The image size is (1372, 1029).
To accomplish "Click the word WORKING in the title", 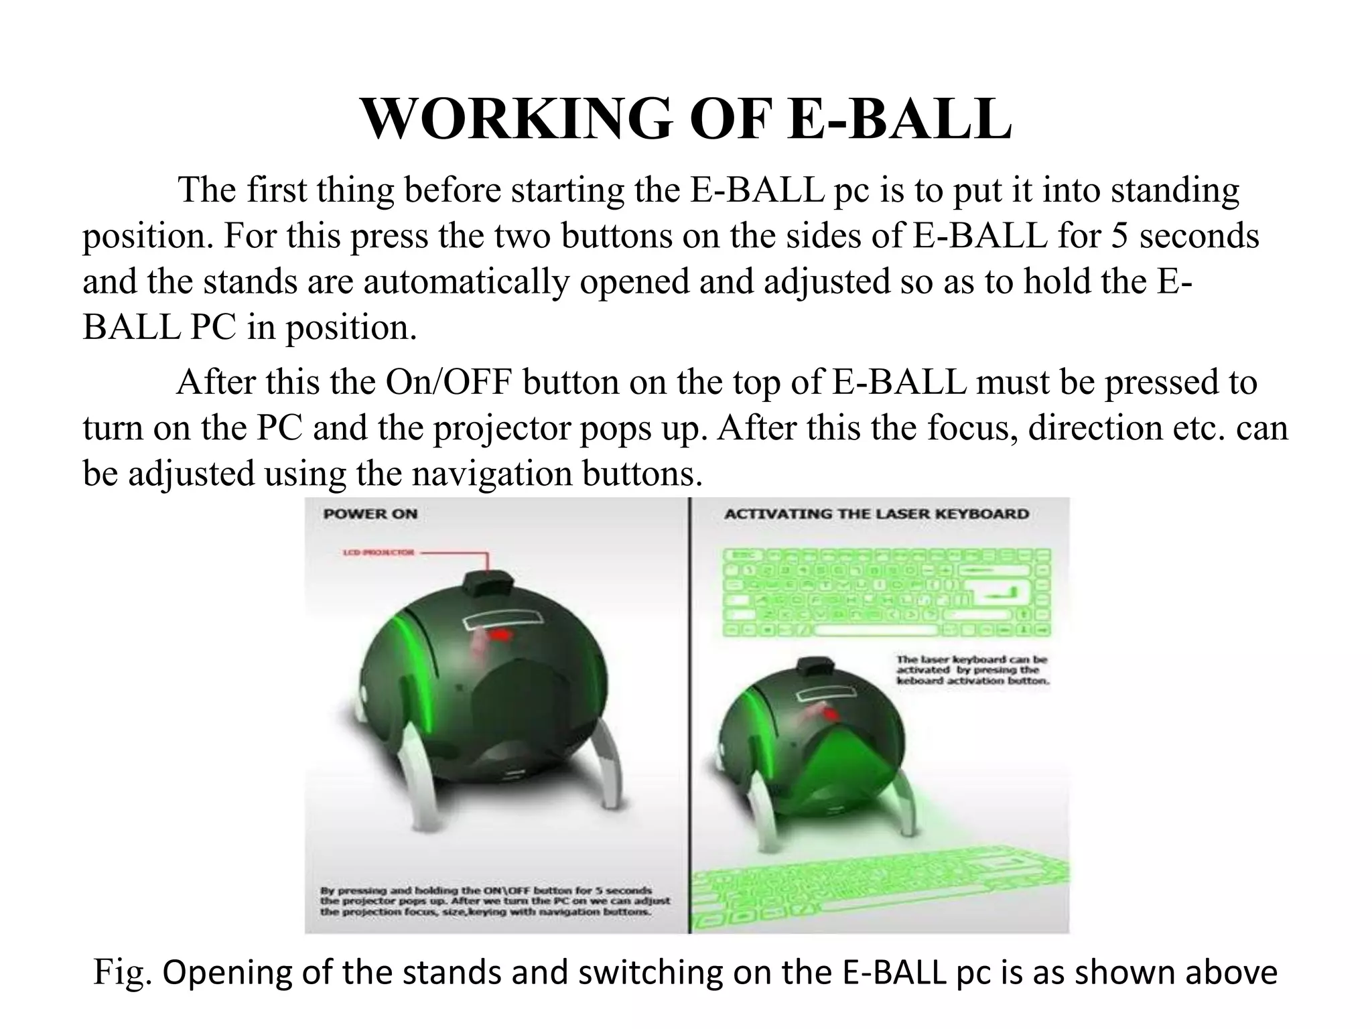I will [516, 119].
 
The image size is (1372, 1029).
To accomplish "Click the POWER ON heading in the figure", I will [370, 514].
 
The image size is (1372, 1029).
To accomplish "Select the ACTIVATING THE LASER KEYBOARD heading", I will [876, 514].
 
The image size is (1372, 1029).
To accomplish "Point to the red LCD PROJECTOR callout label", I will [379, 553].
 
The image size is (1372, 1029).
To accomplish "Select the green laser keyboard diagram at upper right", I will [887, 593].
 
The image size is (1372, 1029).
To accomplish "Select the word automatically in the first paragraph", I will [465, 281].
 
